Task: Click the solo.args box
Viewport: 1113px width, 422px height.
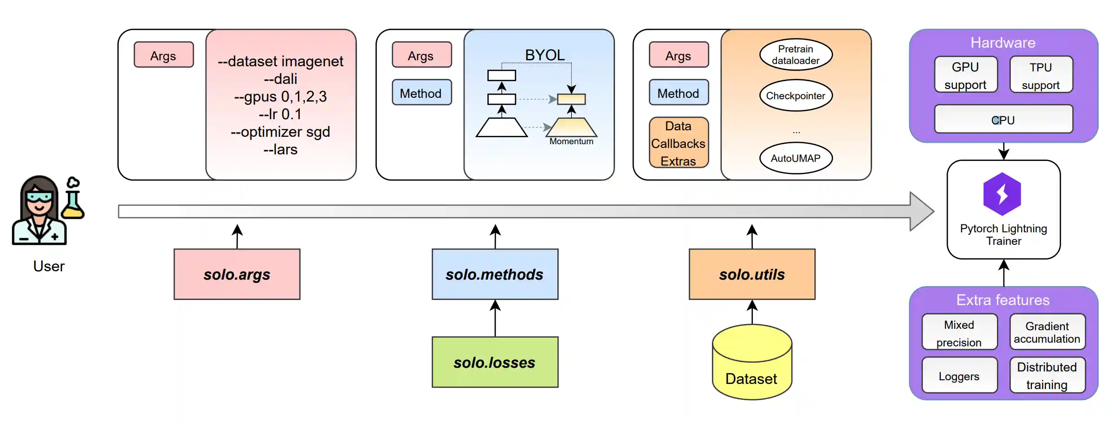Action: coord(237,274)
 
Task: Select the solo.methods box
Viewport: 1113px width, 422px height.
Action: coord(495,274)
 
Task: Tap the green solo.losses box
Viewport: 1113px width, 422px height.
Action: coord(495,362)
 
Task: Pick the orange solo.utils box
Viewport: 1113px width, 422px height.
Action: coord(752,274)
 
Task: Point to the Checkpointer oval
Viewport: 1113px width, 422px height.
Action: coord(796,96)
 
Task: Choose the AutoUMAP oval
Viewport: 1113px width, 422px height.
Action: coord(796,158)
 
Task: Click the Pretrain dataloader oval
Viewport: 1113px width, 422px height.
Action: coord(796,55)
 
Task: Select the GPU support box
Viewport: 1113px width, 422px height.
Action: coord(965,75)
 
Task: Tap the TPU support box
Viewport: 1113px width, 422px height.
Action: coord(1041,75)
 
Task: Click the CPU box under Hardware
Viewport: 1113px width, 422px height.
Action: coord(1003,120)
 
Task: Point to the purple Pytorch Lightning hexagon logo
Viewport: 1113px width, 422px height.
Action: coord(1002,194)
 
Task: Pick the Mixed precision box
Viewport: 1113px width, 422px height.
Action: coord(959,332)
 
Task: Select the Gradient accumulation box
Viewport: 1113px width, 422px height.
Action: coord(1047,332)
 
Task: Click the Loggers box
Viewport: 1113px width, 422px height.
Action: coord(959,376)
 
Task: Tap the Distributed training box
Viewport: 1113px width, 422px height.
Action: coord(1047,376)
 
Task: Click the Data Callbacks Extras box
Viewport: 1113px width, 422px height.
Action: coord(678,143)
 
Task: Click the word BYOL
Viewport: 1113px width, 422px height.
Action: coord(545,55)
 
